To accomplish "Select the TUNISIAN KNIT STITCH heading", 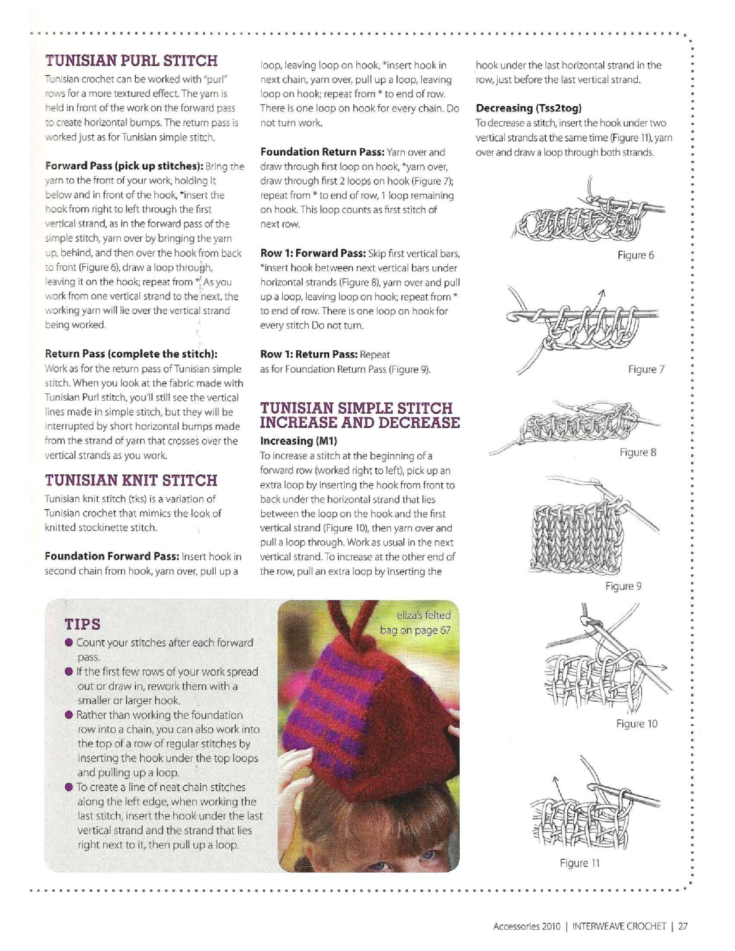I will pyautogui.click(x=131, y=480).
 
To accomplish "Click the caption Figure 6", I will pyautogui.click(x=635, y=255).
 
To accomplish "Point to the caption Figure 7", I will pyautogui.click(x=646, y=369).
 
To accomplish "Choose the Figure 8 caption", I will pyautogui.click(x=637, y=452).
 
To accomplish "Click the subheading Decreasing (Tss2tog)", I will pyautogui.click(x=529, y=108).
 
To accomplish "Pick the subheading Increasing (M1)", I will pyautogui.click(x=299, y=440).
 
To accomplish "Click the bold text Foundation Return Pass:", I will pyautogui.click(x=322, y=152).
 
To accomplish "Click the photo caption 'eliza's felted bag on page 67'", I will pyautogui.click(x=415, y=622).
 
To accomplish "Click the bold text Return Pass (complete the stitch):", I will pyautogui.click(x=131, y=354).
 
